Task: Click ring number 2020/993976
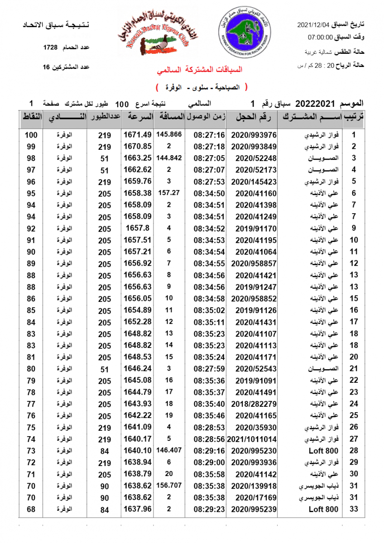pyautogui.click(x=254, y=135)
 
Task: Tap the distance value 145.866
pyautogui.click(x=168, y=134)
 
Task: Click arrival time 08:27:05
pyautogui.click(x=209, y=158)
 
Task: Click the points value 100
pyautogui.click(x=31, y=135)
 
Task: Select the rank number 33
pyautogui.click(x=354, y=509)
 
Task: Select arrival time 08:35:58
pyautogui.click(x=209, y=474)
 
